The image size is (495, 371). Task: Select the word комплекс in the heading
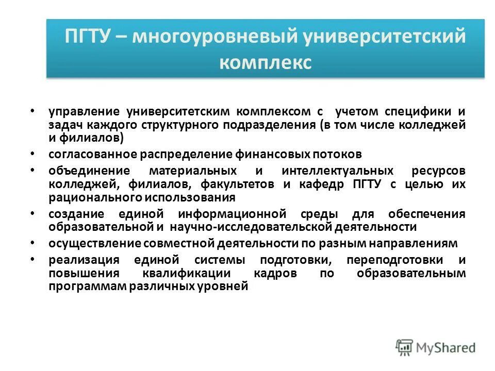tap(266, 63)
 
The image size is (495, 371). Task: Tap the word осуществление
tap(95, 244)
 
